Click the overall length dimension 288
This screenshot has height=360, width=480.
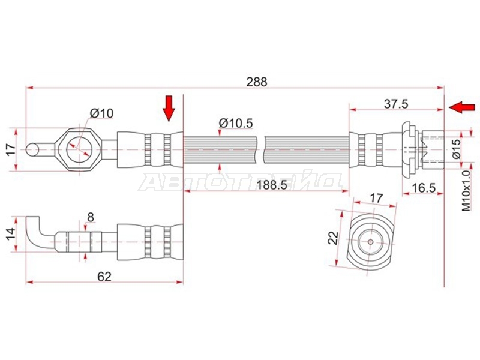[257, 82]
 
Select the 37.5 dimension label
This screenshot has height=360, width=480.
[396, 104]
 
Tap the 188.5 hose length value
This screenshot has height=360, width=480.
[272, 185]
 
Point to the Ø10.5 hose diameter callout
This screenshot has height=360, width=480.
[236, 123]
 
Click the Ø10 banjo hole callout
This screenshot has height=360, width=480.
[101, 113]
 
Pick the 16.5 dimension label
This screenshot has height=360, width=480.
[423, 188]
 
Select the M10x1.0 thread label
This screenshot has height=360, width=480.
[466, 191]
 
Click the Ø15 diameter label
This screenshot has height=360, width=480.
[457, 149]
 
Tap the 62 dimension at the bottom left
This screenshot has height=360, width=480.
[104, 277]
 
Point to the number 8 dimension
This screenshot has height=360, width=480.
[91, 217]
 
